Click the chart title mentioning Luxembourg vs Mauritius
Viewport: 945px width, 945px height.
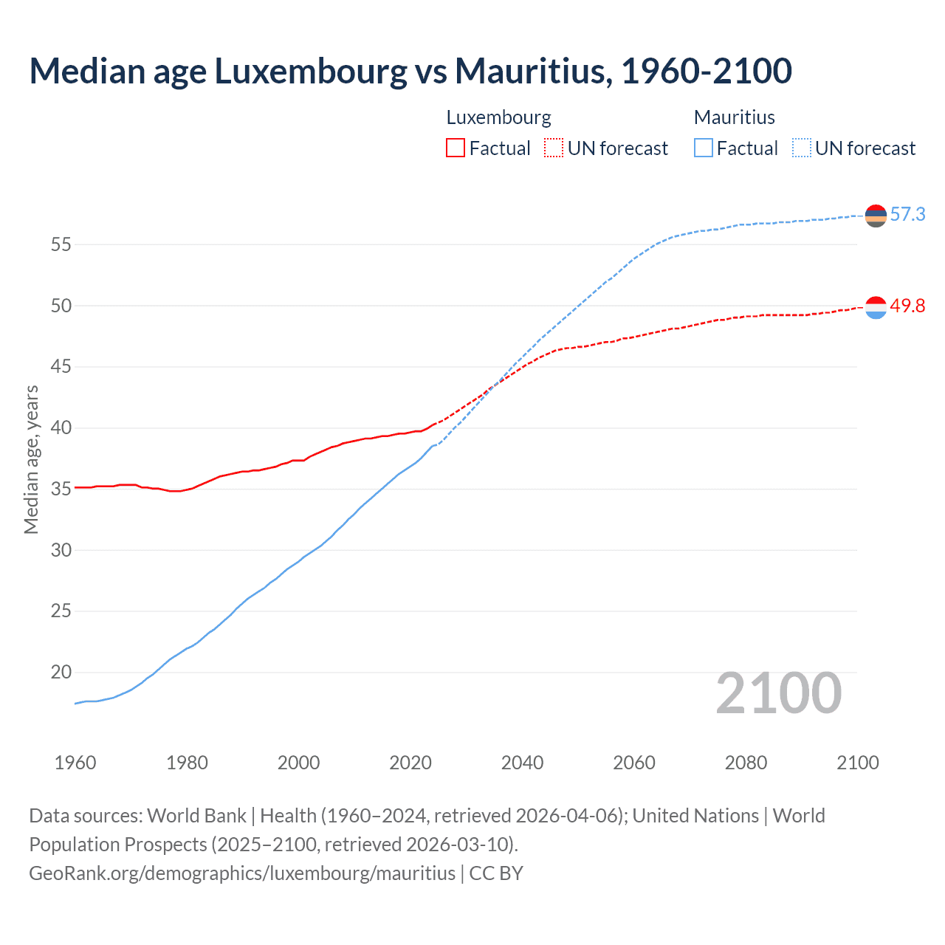point(410,72)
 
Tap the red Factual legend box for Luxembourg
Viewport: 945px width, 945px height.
point(456,148)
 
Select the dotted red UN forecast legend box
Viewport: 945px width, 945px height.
point(554,148)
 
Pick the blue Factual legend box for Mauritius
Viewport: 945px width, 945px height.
point(704,148)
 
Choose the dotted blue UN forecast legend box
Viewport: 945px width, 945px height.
point(802,148)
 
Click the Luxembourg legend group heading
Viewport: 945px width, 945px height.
point(498,117)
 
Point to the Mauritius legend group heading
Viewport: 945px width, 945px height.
point(734,117)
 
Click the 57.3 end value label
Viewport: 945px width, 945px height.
point(907,215)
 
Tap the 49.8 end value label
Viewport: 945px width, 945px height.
point(907,306)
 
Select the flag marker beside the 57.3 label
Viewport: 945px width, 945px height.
point(876,216)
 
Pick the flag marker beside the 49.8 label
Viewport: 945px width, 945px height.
point(876,307)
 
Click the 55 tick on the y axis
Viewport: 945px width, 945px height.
point(61,244)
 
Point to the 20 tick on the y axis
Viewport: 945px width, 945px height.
point(61,673)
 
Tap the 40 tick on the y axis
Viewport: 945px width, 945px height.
point(61,428)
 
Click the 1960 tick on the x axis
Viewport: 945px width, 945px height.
point(75,763)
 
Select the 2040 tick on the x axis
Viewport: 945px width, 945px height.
point(522,763)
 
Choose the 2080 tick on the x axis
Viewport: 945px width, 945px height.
point(746,763)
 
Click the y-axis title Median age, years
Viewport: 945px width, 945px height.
point(31,459)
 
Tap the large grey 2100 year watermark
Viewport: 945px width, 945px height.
point(778,693)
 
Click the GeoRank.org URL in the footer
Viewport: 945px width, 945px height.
point(242,873)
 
